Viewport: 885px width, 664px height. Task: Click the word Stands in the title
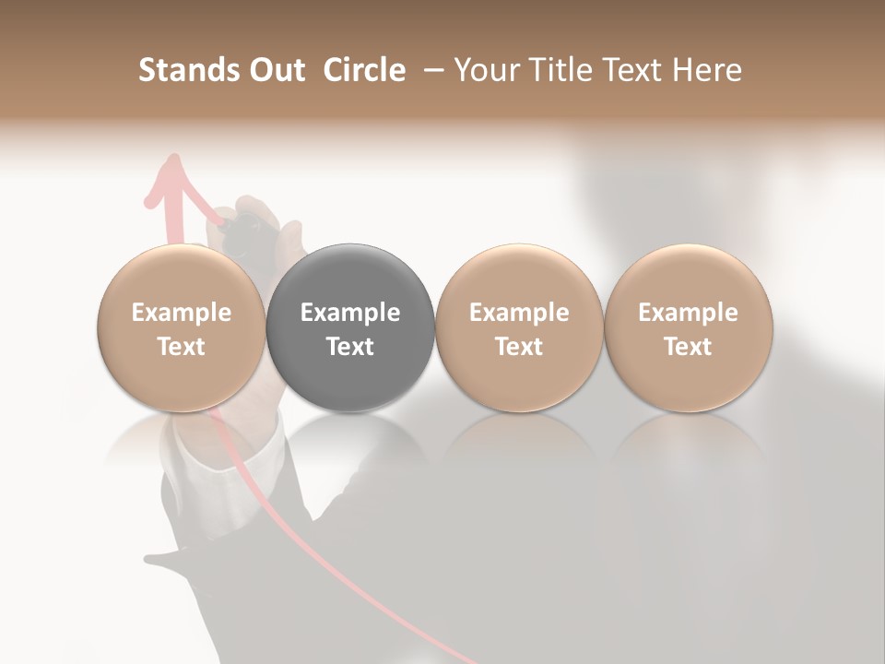click(188, 70)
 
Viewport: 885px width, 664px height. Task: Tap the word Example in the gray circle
click(350, 313)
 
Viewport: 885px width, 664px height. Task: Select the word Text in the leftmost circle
click(181, 347)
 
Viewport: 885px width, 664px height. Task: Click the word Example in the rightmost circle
click(688, 313)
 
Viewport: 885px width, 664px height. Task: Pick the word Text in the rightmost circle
click(688, 347)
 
